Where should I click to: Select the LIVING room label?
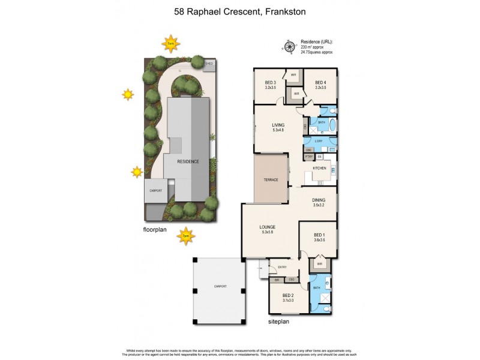pyautogui.click(x=278, y=125)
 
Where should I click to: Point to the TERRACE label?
pyautogui.click(x=271, y=179)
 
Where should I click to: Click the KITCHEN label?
pyautogui.click(x=319, y=169)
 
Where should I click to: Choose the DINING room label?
pyautogui.click(x=319, y=200)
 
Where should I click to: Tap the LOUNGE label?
pyautogui.click(x=268, y=227)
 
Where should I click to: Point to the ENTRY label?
pyautogui.click(x=282, y=267)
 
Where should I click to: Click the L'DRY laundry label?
pyautogui.click(x=318, y=141)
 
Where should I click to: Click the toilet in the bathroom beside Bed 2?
pyautogui.click(x=329, y=308)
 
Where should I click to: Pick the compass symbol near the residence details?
pyautogui.click(x=289, y=46)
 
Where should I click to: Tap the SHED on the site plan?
pyautogui.click(x=209, y=63)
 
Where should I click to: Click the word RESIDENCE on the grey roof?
pyautogui.click(x=188, y=162)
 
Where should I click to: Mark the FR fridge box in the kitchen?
pyautogui.click(x=320, y=157)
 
